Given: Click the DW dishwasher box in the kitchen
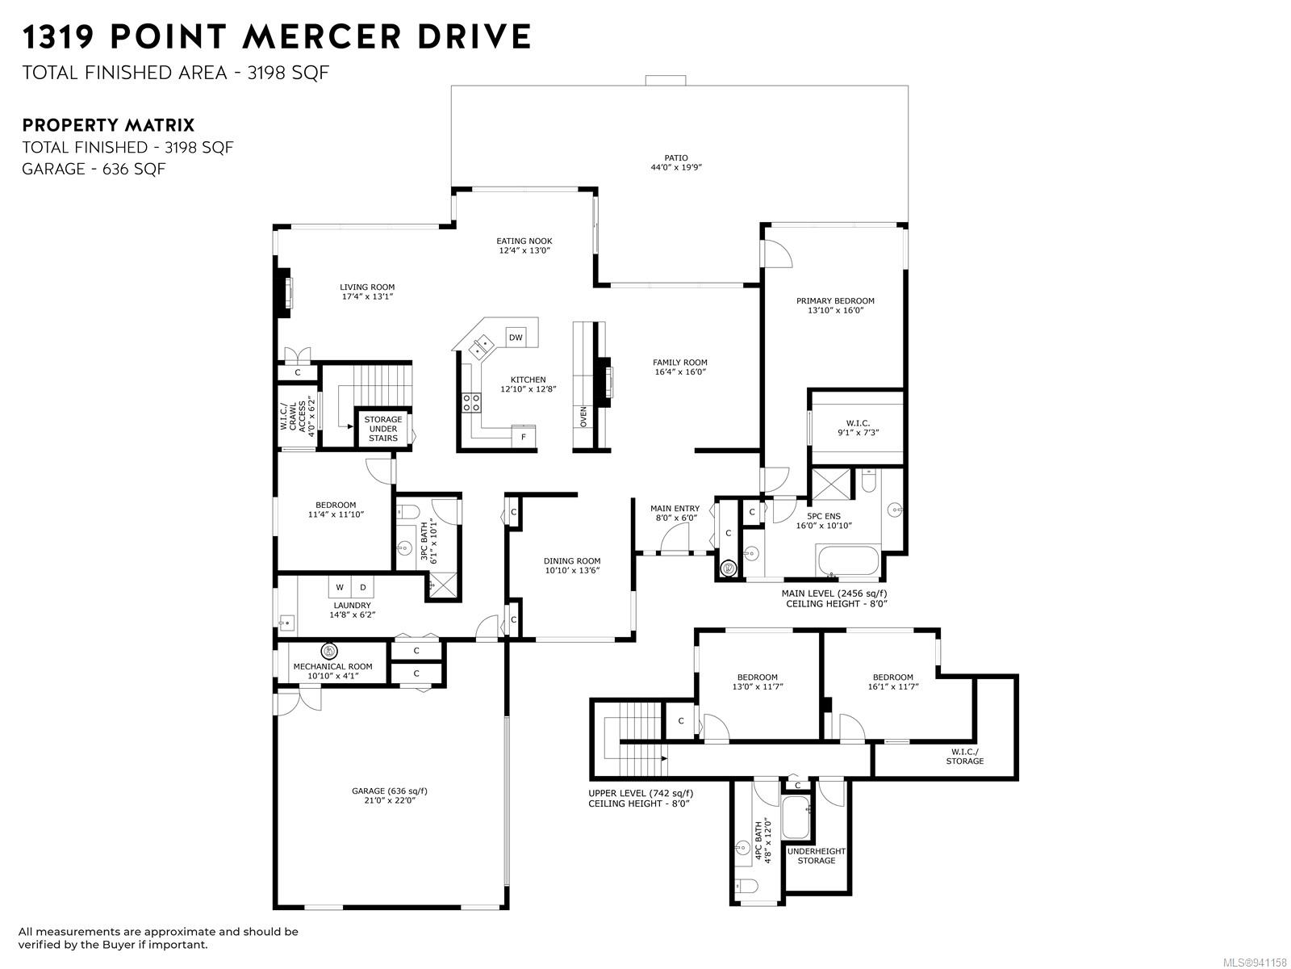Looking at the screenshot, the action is pyautogui.click(x=516, y=337).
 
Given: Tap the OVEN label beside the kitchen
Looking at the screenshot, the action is pyautogui.click(x=583, y=417).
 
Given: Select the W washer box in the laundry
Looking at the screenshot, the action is pyautogui.click(x=340, y=586).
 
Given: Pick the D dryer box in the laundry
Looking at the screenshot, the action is pyautogui.click(x=363, y=586).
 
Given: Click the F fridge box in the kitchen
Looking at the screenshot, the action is pyautogui.click(x=524, y=437).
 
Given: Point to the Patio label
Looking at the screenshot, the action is pyautogui.click(x=676, y=157).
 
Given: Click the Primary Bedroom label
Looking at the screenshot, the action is pyautogui.click(x=835, y=300).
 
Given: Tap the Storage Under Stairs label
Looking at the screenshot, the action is pyautogui.click(x=383, y=428).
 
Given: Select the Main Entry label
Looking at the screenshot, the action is pyautogui.click(x=675, y=509).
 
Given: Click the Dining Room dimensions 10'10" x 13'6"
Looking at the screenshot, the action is pyautogui.click(x=572, y=570).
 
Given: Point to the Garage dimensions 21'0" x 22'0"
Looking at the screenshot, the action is pyautogui.click(x=390, y=800).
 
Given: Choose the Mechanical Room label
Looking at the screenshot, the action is pyautogui.click(x=333, y=667).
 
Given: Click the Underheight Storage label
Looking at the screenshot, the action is pyautogui.click(x=817, y=855).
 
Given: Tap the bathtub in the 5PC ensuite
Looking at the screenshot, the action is pyautogui.click(x=847, y=560).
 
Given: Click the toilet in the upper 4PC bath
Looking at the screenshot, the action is pyautogui.click(x=742, y=887).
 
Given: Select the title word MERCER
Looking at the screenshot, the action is pyautogui.click(x=322, y=36).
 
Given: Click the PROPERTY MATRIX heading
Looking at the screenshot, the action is pyautogui.click(x=108, y=125).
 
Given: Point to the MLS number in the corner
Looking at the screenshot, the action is pyautogui.click(x=1255, y=963).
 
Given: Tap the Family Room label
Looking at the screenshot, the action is pyautogui.click(x=680, y=363).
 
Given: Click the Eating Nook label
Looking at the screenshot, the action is pyautogui.click(x=524, y=241).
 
